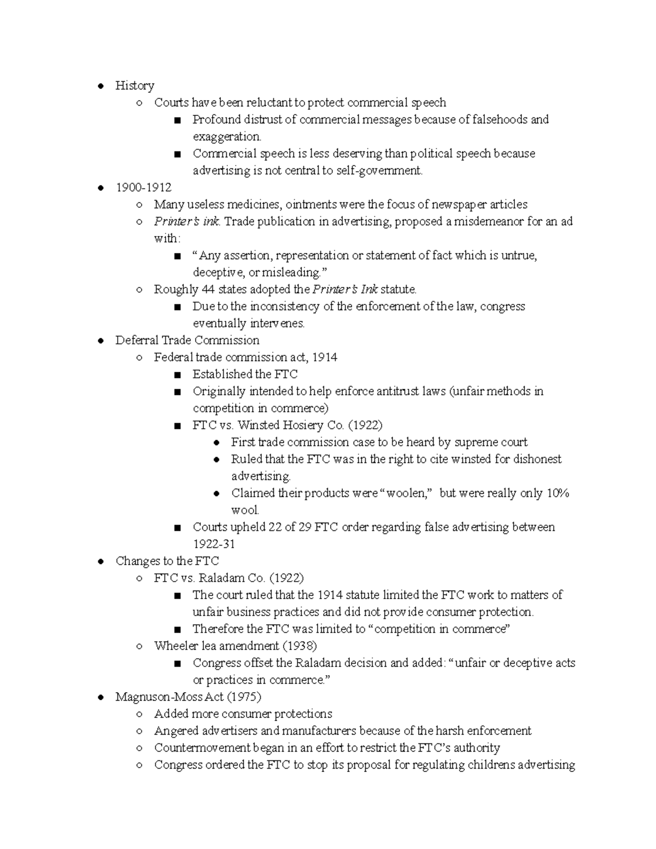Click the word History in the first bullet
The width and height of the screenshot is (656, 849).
[134, 85]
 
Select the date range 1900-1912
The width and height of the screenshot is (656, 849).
[143, 188]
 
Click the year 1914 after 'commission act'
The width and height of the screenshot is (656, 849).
[324, 357]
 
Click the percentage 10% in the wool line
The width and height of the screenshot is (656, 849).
[558, 493]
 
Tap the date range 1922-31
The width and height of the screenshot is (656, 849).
[214, 544]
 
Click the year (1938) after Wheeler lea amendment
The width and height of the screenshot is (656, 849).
[300, 646]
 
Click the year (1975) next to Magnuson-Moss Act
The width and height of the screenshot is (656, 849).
[243, 696]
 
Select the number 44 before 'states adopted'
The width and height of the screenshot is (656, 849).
[208, 289]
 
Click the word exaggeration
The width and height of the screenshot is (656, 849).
[226, 137]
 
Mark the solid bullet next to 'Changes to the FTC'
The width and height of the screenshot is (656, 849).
[101, 561]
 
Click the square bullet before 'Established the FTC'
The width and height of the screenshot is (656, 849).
[177, 375]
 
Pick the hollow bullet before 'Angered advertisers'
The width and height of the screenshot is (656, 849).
[139, 731]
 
